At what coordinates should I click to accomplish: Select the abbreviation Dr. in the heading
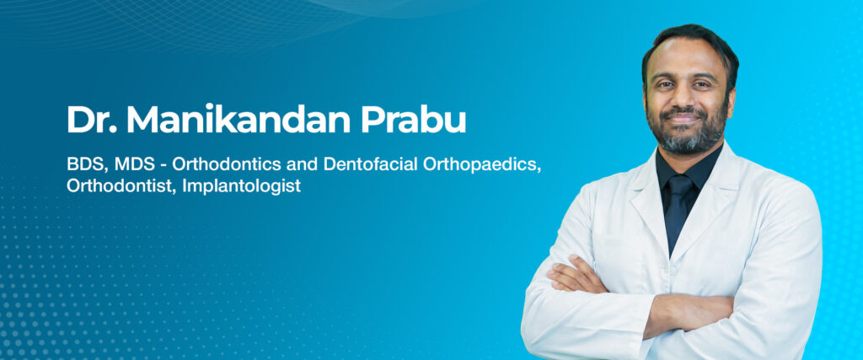click(x=91, y=119)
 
